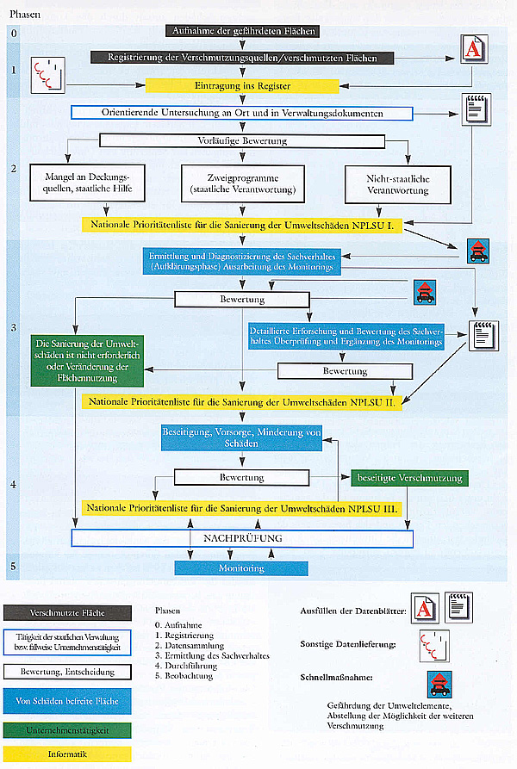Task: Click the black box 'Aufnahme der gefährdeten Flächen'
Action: pyautogui.click(x=242, y=32)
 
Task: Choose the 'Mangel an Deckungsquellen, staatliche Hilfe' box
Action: pyautogui.click(x=82, y=182)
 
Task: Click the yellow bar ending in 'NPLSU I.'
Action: pyautogui.click(x=242, y=224)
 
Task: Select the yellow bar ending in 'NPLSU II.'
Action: pyautogui.click(x=242, y=402)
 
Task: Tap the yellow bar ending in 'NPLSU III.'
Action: pyautogui.click(x=242, y=508)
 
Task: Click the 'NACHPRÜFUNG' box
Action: pyautogui.click(x=242, y=538)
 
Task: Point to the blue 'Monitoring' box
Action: pyautogui.click(x=241, y=569)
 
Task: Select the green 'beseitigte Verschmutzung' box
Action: pyautogui.click(x=408, y=478)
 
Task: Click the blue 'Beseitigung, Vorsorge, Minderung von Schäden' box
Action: pyautogui.click(x=241, y=437)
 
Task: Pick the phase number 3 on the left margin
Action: pyautogui.click(x=13, y=329)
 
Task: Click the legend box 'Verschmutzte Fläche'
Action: pyautogui.click(x=68, y=613)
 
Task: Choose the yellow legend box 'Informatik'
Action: pyautogui.click(x=68, y=755)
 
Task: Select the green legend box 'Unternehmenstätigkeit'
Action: pyautogui.click(x=68, y=729)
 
